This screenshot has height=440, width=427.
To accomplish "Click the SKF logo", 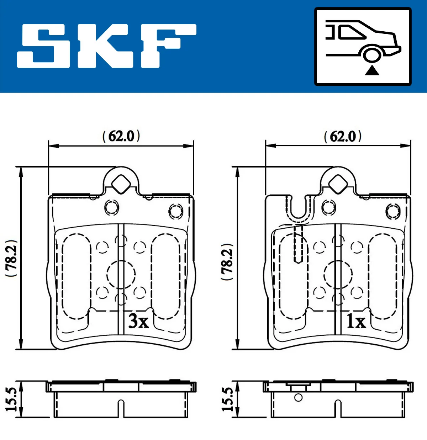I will (107, 46).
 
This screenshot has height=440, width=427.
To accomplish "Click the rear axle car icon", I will (363, 46).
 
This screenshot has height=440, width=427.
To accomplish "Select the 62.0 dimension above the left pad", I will (121, 136).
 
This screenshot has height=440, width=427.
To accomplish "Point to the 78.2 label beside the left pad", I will (11, 259).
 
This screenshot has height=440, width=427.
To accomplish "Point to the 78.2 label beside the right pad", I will (227, 261).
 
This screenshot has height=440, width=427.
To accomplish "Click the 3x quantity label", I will (138, 321).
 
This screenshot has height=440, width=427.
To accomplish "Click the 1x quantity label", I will (356, 322).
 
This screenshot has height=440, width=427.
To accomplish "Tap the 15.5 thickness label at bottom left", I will (12, 399).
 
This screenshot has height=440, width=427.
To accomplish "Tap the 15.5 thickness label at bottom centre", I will (228, 399).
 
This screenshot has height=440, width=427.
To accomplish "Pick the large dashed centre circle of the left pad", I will (121, 274).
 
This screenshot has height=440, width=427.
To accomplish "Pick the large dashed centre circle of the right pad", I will (338, 274).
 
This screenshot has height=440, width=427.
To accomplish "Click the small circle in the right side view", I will (298, 397).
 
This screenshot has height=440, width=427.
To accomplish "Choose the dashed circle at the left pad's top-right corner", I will (175, 211).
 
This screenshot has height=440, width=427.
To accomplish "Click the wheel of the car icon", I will (372, 55).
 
